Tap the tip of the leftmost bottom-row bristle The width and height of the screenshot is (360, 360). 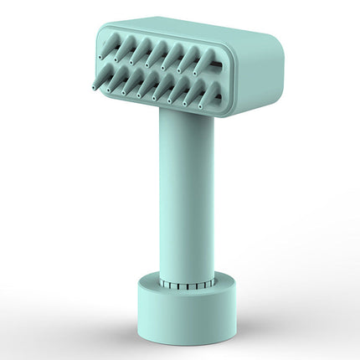pyautogui.click(x=92, y=83)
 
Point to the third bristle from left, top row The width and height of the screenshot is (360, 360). pyautogui.click(x=139, y=53)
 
